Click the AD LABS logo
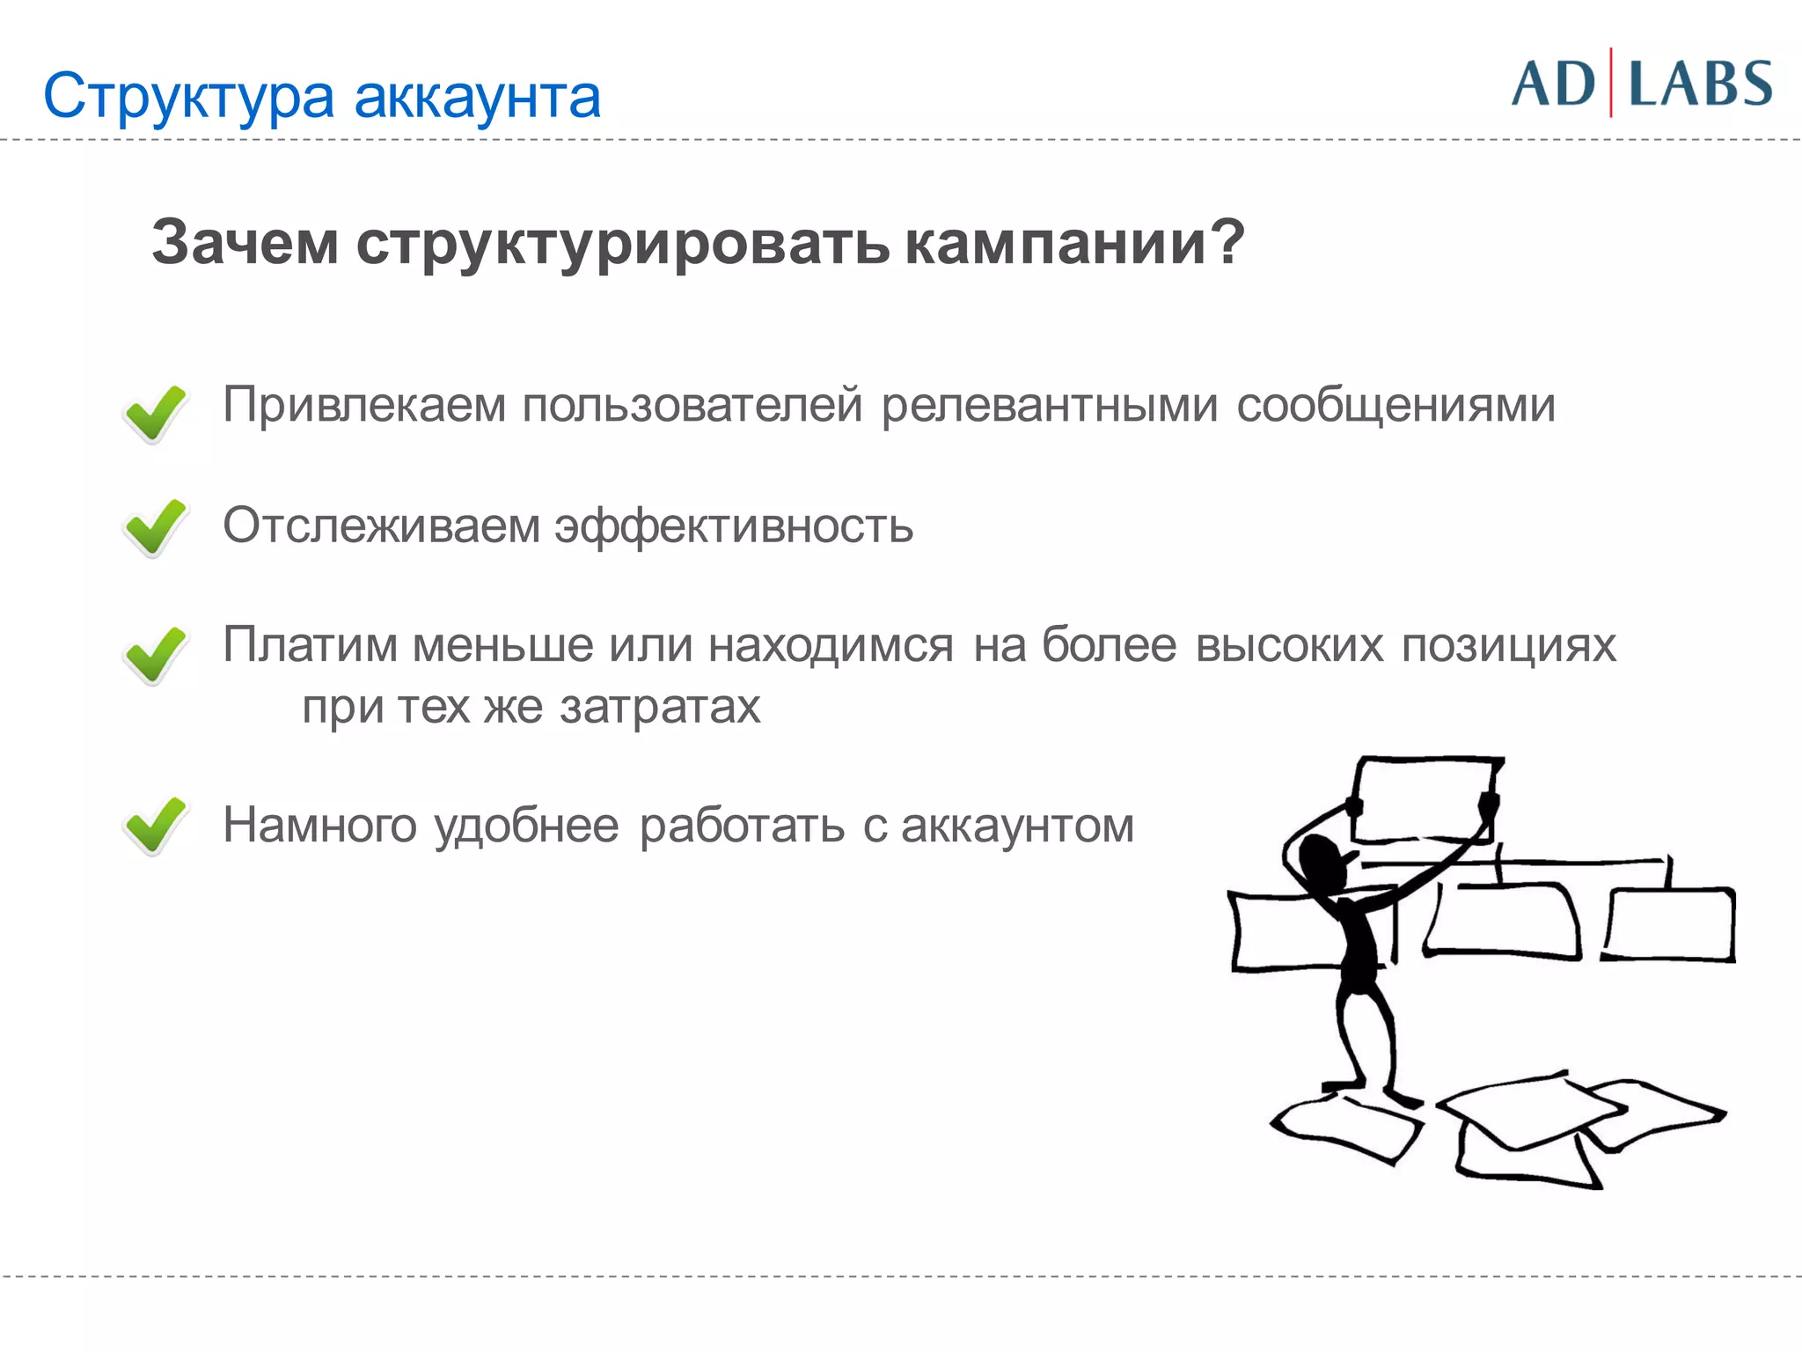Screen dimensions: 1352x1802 tap(1642, 84)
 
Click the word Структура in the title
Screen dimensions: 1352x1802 tap(188, 98)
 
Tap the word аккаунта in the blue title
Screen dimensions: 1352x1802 tap(477, 98)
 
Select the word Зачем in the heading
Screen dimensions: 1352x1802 tap(245, 242)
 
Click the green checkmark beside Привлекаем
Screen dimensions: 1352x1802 tap(155, 413)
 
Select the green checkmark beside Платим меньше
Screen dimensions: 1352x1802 tap(155, 655)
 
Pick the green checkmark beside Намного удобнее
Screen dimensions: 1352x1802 tap(155, 825)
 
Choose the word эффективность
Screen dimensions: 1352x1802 tap(734, 526)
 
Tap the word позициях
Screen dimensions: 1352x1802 tap(1508, 646)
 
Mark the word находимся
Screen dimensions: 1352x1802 tap(831, 646)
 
